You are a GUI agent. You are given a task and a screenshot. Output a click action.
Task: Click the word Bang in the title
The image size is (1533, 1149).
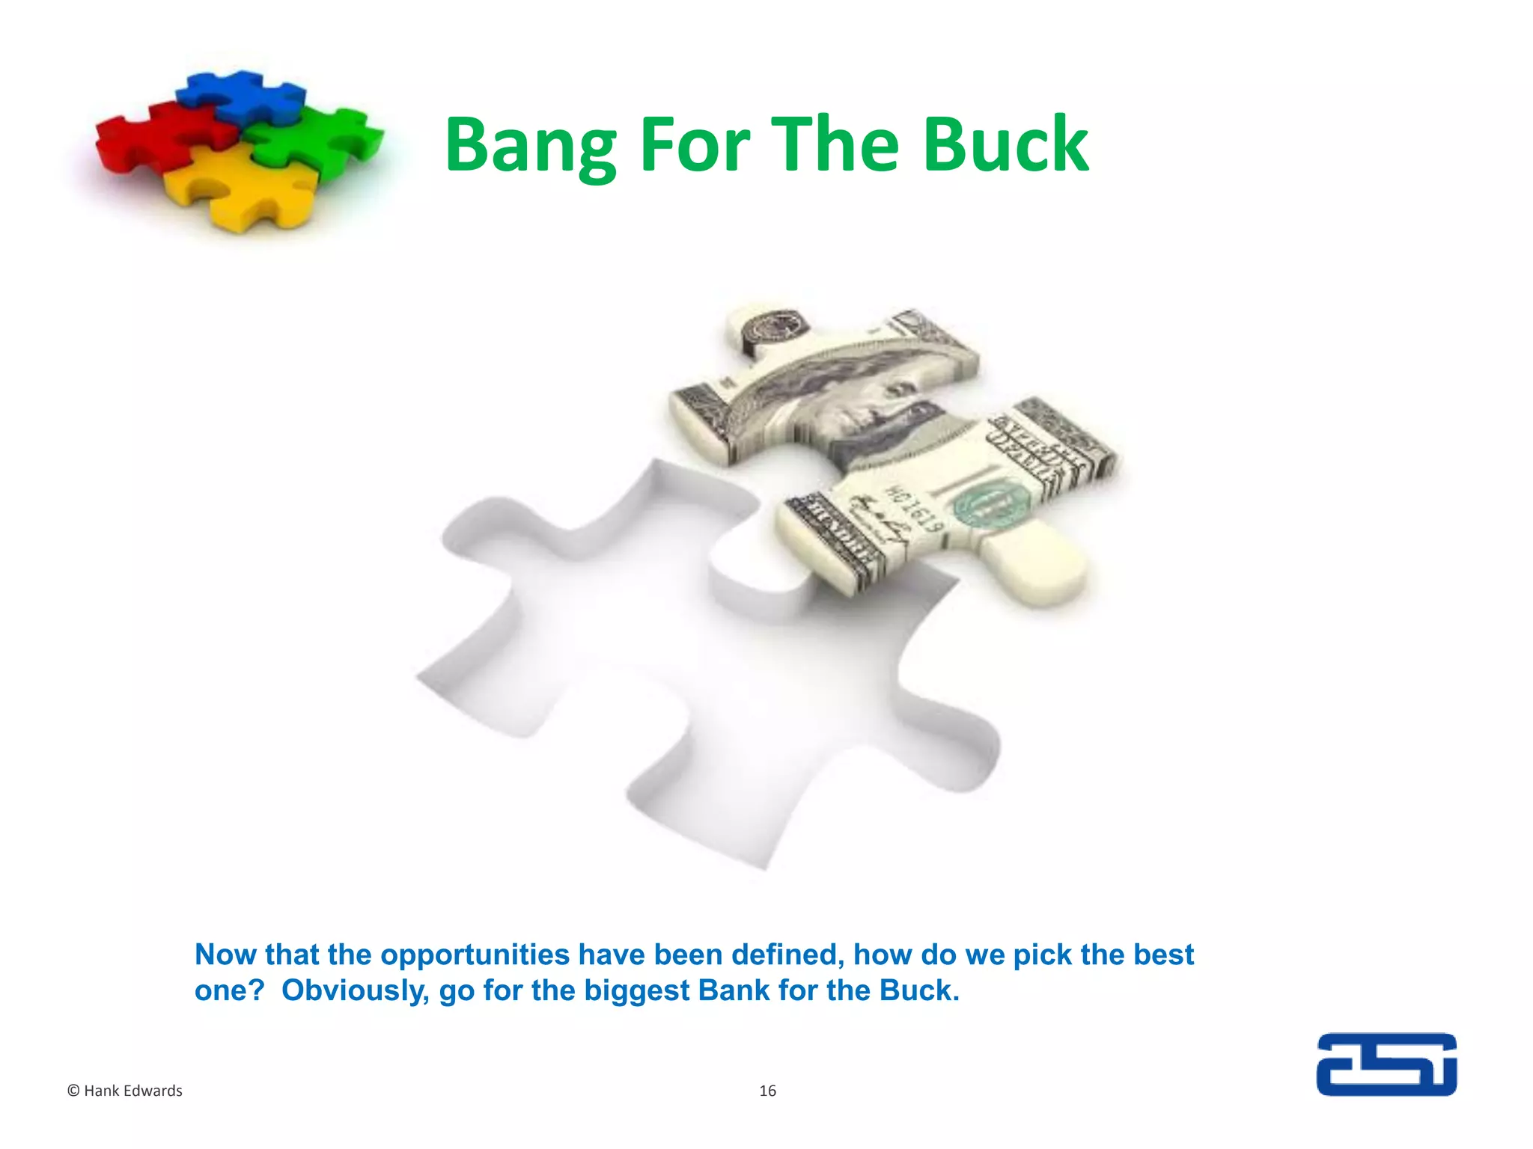point(530,146)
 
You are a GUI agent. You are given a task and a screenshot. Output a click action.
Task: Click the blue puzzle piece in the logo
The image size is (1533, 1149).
point(238,95)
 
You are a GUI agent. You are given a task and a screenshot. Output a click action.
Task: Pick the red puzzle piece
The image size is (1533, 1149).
point(153,138)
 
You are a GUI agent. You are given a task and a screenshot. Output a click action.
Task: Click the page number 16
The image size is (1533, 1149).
point(767,1091)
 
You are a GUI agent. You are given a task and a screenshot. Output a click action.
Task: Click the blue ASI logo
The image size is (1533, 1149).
point(1386,1064)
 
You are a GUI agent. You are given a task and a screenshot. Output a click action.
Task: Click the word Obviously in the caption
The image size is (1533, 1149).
point(355,990)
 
